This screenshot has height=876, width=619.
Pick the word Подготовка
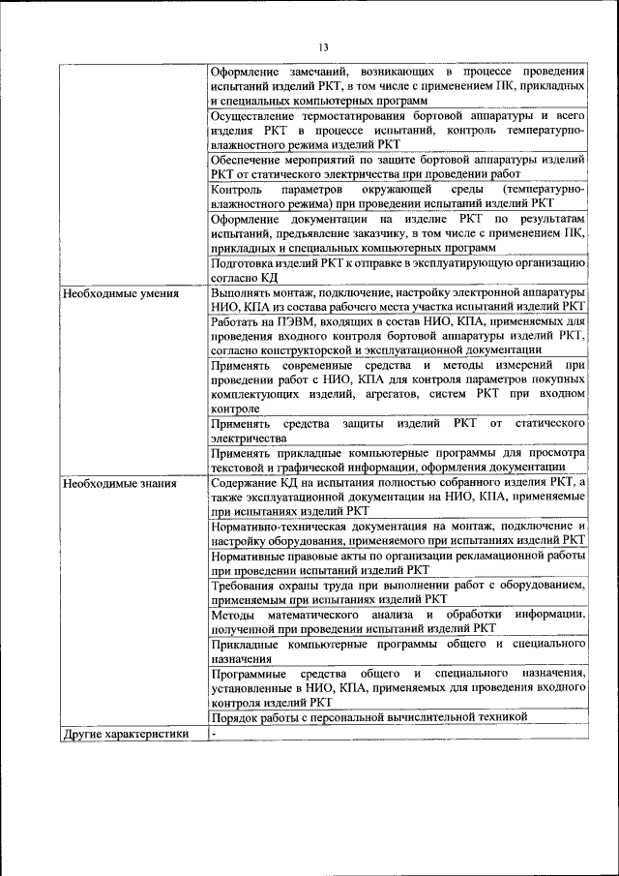pos(244,263)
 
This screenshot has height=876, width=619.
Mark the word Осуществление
pos(253,115)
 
